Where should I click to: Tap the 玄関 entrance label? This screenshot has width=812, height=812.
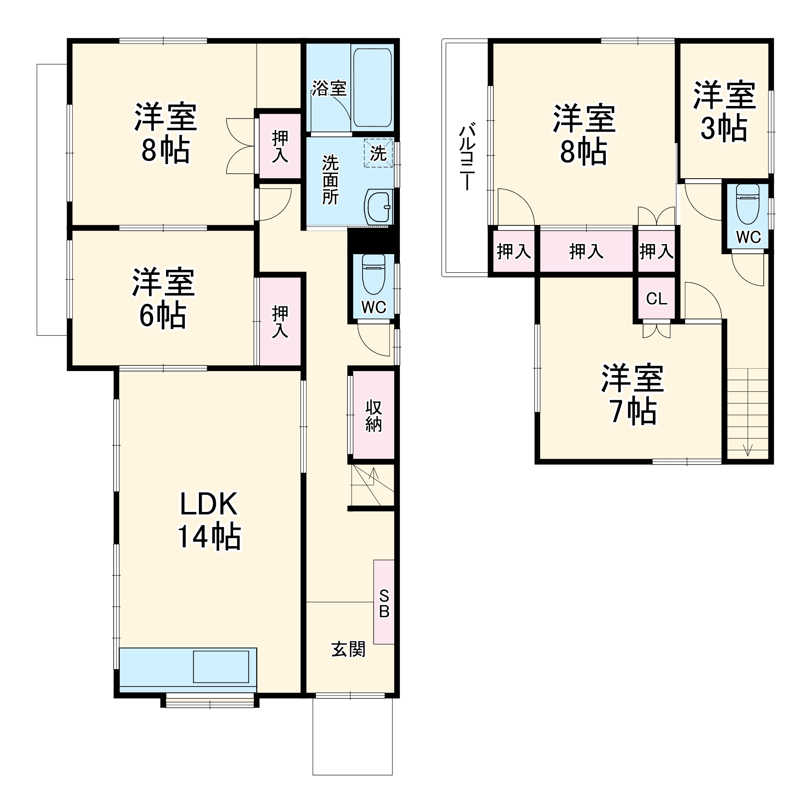click(348, 649)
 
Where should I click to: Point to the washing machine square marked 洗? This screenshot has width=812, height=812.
click(378, 153)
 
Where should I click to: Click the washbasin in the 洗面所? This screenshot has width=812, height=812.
click(378, 206)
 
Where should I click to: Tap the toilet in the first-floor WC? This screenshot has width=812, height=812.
click(373, 274)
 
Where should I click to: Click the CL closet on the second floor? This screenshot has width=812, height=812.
click(656, 299)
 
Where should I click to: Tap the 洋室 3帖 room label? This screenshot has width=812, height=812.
click(724, 111)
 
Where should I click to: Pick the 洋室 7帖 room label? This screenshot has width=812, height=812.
click(632, 394)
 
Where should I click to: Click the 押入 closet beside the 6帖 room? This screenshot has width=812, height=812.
click(280, 322)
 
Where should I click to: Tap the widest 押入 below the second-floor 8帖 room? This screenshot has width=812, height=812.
click(586, 251)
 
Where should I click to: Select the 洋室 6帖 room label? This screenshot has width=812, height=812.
click(163, 298)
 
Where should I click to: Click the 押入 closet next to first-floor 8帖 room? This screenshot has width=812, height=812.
click(280, 146)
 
